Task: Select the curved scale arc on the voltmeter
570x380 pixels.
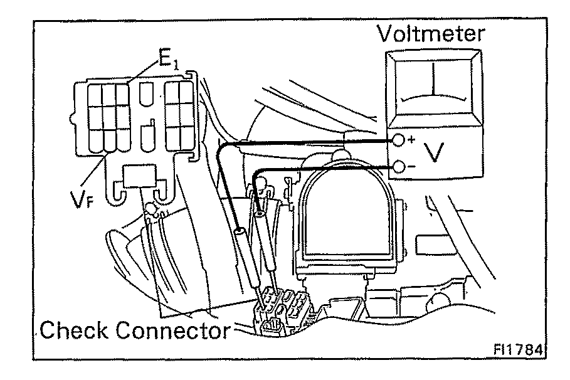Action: tap(432, 100)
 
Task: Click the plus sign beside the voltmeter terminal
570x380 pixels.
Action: tap(411, 139)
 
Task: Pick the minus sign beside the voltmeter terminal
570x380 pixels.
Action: tap(411, 167)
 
